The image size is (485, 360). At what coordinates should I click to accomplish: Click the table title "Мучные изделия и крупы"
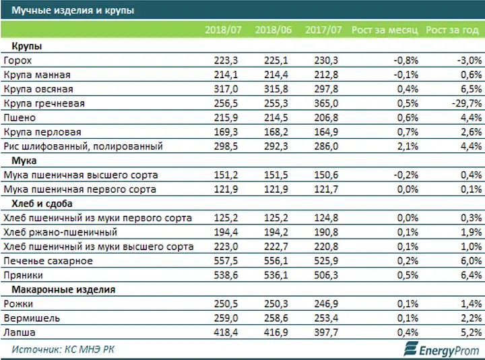73,10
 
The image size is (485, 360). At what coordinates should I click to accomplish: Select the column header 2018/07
223,30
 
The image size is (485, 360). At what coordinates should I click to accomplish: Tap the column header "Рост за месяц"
385,30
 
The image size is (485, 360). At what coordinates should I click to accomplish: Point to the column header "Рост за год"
452,30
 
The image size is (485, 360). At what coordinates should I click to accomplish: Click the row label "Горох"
18,61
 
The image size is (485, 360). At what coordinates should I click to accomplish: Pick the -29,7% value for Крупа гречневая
467,103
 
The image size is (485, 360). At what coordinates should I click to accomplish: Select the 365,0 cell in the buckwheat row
326,103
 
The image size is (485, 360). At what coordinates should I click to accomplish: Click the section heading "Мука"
24,160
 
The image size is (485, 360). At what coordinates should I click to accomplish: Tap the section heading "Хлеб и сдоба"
42,204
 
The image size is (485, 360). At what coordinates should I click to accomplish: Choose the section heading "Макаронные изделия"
63,290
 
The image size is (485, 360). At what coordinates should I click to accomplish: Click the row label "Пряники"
23,275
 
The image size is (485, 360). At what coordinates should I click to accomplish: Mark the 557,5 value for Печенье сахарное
226,261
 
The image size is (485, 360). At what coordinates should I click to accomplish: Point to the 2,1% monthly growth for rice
408,146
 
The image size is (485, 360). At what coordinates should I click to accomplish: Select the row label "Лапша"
20,333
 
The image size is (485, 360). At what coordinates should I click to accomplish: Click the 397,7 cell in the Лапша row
326,333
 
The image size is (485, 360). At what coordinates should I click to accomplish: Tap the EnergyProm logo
442,349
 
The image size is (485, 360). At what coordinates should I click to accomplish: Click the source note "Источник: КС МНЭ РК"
63,349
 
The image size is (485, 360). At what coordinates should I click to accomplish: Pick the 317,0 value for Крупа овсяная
226,89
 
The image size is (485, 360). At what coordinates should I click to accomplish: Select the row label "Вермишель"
32,318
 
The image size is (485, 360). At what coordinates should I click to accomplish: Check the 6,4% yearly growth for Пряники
472,275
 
